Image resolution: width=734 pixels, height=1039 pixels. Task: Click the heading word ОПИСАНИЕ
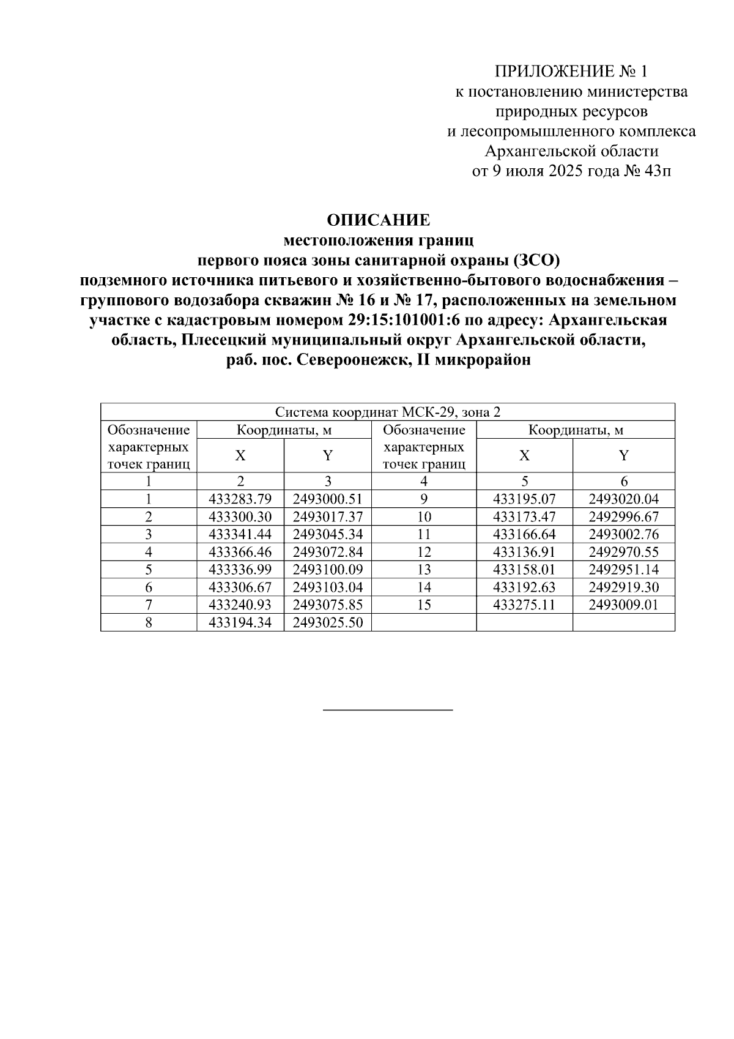pos(378,220)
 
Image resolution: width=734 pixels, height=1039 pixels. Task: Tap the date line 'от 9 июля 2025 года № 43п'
pos(571,171)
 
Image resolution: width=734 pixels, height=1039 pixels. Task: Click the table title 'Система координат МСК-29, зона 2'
pos(387,412)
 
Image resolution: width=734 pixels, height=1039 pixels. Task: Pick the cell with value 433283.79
pos(240,499)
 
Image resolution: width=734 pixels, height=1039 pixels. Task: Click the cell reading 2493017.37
pos(328,516)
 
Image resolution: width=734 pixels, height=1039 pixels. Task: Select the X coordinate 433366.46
pos(240,552)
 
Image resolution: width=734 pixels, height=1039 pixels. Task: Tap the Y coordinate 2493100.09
pos(328,570)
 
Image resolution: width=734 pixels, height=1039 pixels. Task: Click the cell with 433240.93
pos(240,605)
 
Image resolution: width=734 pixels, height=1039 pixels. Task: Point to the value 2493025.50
pos(328,623)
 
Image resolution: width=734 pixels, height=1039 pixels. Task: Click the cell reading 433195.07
pos(524,499)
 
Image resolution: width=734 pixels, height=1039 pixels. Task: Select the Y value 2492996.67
pos(623,516)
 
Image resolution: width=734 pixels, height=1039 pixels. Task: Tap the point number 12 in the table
pos(424,552)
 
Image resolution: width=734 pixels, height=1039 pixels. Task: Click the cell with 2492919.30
pos(623,587)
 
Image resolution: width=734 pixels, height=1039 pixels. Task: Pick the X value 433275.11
pos(524,605)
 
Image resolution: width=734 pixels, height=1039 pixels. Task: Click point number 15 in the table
pos(424,605)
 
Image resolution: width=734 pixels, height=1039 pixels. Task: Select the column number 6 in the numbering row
pos(623,481)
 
